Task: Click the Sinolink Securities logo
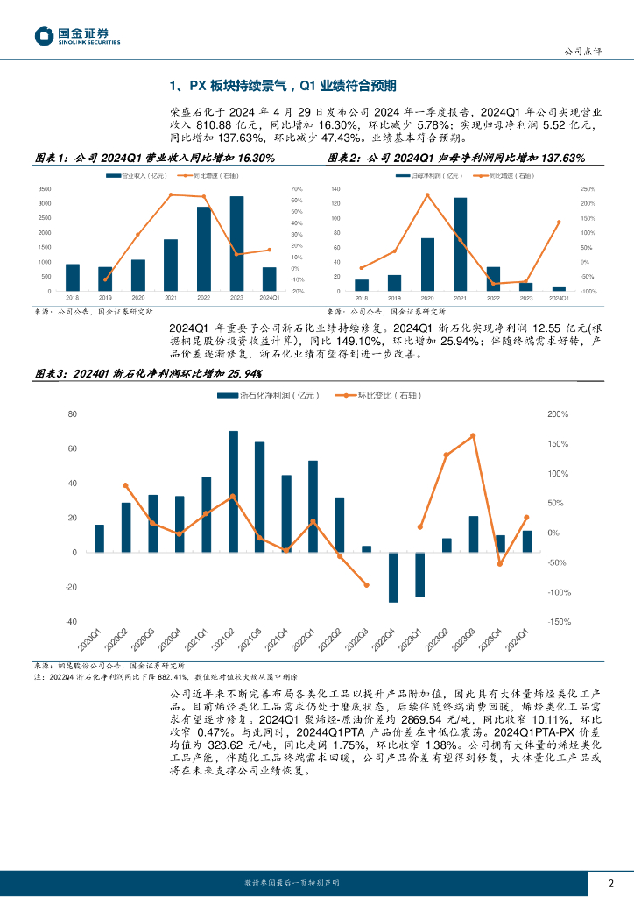click(x=77, y=36)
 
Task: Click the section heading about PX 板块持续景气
click(x=283, y=85)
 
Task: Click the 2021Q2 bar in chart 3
click(x=233, y=491)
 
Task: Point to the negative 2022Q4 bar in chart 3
click(x=393, y=577)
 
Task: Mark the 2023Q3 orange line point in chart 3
click(x=473, y=435)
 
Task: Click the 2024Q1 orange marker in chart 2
click(x=559, y=222)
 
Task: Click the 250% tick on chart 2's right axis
click(x=588, y=189)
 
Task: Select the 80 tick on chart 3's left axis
click(x=72, y=414)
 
